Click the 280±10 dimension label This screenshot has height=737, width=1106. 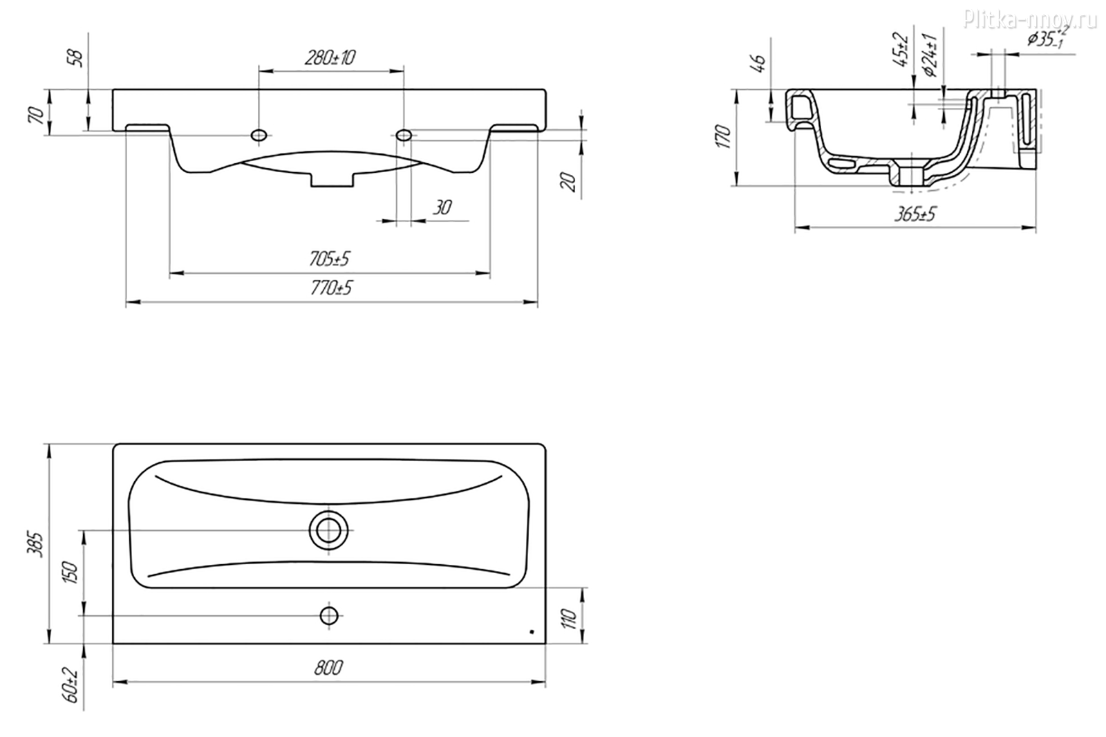click(330, 58)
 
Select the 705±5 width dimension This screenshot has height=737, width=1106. click(329, 259)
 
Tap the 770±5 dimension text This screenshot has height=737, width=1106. click(331, 288)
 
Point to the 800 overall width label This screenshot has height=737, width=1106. click(328, 668)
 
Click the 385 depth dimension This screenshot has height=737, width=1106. click(36, 544)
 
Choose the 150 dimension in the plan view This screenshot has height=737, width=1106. click(70, 572)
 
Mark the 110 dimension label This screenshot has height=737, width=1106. click(570, 619)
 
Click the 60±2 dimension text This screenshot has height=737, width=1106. click(71, 685)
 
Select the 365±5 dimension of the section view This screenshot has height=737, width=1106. click(915, 214)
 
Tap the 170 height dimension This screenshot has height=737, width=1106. click(723, 137)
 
